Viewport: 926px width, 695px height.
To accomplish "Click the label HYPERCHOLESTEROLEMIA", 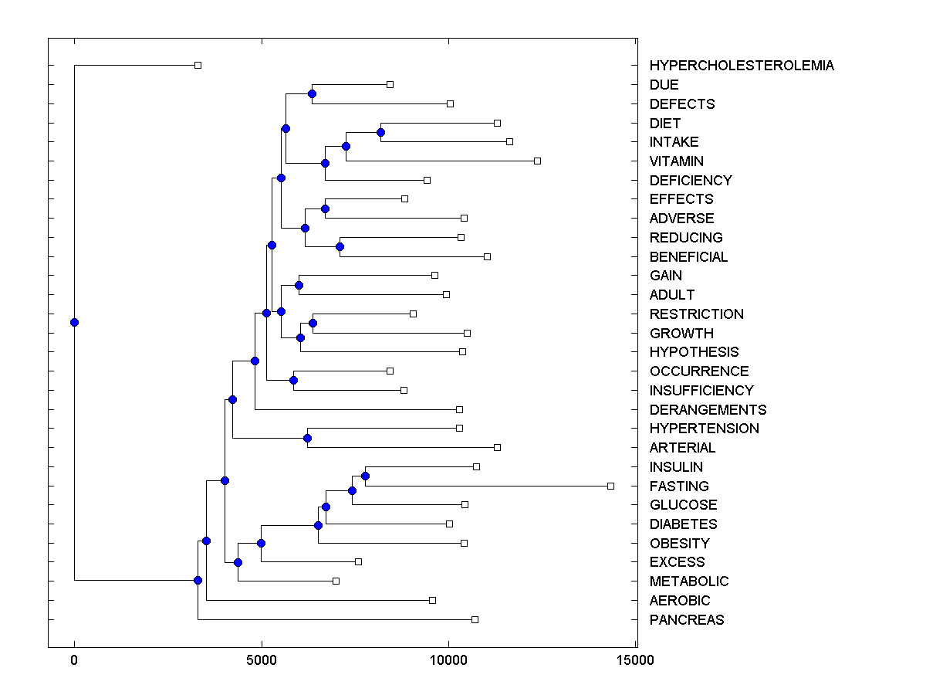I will [x=741, y=66].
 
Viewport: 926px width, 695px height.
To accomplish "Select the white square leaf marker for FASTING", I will [x=610, y=486].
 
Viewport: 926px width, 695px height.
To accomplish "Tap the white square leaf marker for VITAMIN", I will [x=537, y=161].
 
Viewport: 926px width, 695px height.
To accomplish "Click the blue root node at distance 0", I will [x=74, y=322].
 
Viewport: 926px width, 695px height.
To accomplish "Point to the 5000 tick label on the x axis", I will [x=262, y=660].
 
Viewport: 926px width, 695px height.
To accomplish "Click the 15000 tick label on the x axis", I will [x=637, y=660].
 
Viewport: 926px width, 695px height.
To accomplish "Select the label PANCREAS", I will [x=686, y=620].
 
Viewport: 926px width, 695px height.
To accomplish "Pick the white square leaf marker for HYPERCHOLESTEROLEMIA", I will [x=198, y=65].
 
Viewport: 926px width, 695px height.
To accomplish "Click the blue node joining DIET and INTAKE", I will [x=380, y=132].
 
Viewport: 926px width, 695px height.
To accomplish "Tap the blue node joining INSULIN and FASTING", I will [x=366, y=476].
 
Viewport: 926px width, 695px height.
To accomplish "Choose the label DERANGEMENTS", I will [x=708, y=410].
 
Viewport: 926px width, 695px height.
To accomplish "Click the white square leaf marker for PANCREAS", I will [x=475, y=619].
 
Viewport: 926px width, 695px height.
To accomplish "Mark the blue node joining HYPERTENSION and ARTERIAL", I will [x=307, y=438].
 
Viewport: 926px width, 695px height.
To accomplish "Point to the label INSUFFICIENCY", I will [x=701, y=391].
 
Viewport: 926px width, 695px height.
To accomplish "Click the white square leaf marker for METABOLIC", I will [x=336, y=581].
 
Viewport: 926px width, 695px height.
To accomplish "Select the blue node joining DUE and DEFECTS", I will [x=312, y=93].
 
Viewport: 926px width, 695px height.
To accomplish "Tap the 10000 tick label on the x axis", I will [x=449, y=660].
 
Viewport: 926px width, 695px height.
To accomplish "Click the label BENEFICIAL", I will [x=688, y=257].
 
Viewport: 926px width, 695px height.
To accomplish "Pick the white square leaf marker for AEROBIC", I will [x=432, y=600].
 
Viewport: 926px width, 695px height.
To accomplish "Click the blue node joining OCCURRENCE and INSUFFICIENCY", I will [x=293, y=380].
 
